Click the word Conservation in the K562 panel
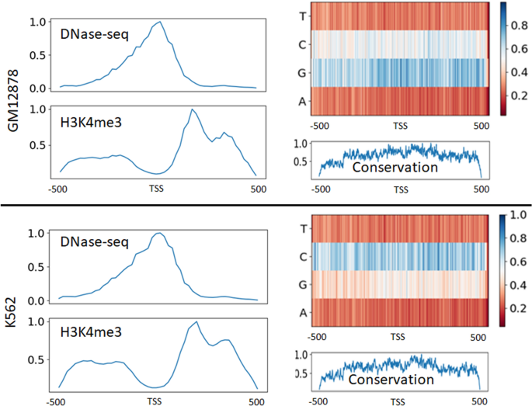391,380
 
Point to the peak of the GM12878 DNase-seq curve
160,23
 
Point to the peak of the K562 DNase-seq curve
160,233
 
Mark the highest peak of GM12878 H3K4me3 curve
192,109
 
